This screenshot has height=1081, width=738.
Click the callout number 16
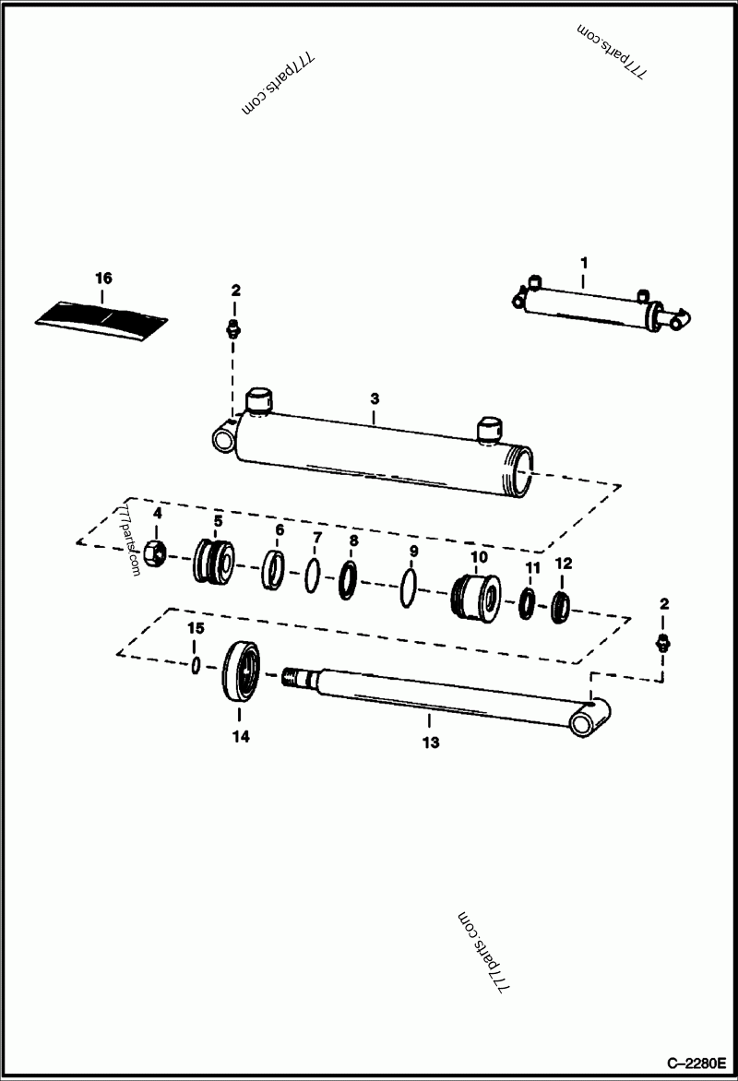click(x=103, y=277)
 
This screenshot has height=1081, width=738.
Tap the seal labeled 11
click(x=528, y=604)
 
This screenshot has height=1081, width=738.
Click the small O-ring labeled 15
click(x=196, y=665)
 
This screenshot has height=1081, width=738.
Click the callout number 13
click(x=430, y=742)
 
